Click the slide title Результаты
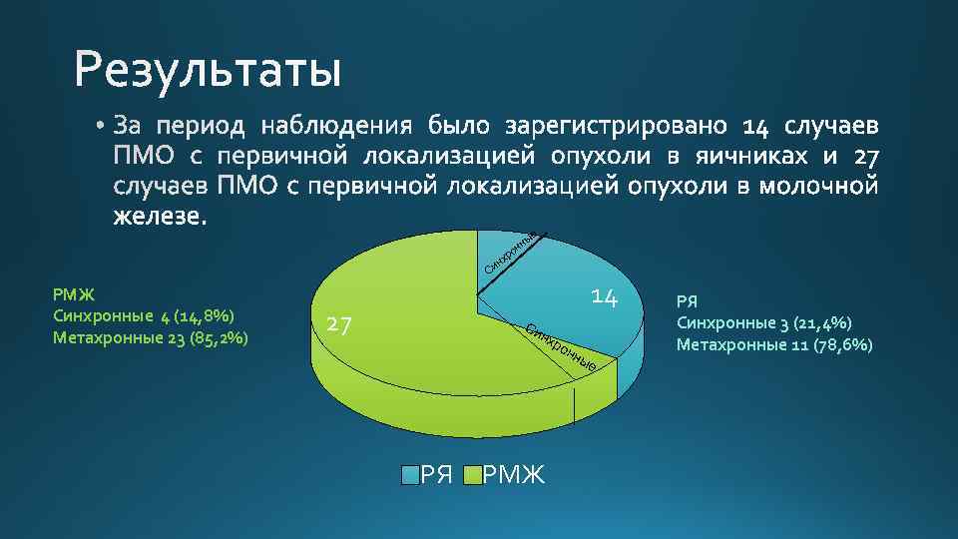[x=208, y=71]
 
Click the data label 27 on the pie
[x=341, y=324]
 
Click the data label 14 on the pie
[x=605, y=296]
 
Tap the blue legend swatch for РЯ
[x=410, y=474]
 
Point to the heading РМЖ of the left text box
[x=72, y=294]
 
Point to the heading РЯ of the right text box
[x=688, y=300]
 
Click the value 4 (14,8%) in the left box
[x=198, y=316]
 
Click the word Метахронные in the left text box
[x=100, y=337]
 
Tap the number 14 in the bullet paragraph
[x=756, y=127]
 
